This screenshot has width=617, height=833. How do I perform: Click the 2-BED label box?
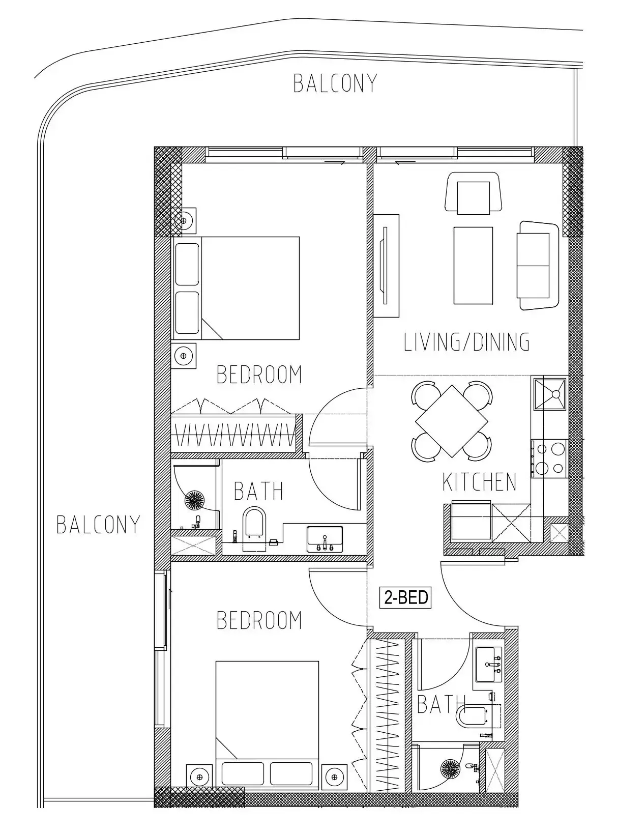point(405,597)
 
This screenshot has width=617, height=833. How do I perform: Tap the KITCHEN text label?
point(479,482)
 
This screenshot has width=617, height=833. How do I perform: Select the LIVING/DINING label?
point(466,342)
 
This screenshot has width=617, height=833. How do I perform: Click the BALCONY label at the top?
point(335,83)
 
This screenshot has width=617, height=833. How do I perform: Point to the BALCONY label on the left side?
point(98,525)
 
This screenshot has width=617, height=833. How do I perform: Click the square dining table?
point(452,421)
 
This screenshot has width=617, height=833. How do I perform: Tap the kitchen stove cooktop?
point(549,458)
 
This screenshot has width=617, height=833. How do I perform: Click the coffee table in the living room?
point(473,265)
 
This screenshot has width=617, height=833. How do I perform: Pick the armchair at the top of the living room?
point(473,193)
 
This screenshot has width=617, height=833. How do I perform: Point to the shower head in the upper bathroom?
point(194,500)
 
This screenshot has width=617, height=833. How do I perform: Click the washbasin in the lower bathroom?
point(488,665)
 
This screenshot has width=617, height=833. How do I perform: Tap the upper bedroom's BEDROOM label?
point(259,374)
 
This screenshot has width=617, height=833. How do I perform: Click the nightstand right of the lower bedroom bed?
point(334,777)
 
